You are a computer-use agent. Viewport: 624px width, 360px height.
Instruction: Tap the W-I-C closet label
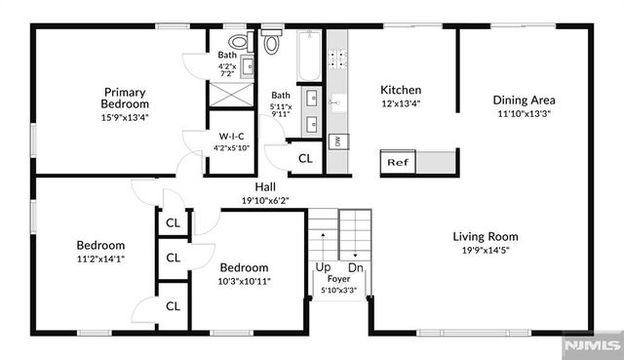tap(233, 138)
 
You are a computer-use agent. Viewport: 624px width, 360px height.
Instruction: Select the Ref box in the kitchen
tap(397, 162)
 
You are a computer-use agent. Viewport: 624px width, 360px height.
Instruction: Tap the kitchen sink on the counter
tap(337, 100)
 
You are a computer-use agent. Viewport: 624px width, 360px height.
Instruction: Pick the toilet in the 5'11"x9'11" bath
tap(272, 42)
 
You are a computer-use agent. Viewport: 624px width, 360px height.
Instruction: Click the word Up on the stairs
tap(322, 266)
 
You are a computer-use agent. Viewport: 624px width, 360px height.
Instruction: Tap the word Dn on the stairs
tap(355, 266)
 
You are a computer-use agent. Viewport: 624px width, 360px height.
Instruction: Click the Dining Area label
tap(524, 100)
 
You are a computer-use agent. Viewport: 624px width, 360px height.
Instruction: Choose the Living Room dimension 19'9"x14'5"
tap(485, 250)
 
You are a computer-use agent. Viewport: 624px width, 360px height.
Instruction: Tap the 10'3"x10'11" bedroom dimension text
tap(244, 281)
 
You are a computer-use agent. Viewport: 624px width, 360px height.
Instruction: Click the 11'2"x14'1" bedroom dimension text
tap(101, 259)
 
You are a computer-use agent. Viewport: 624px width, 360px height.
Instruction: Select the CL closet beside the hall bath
tap(305, 158)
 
